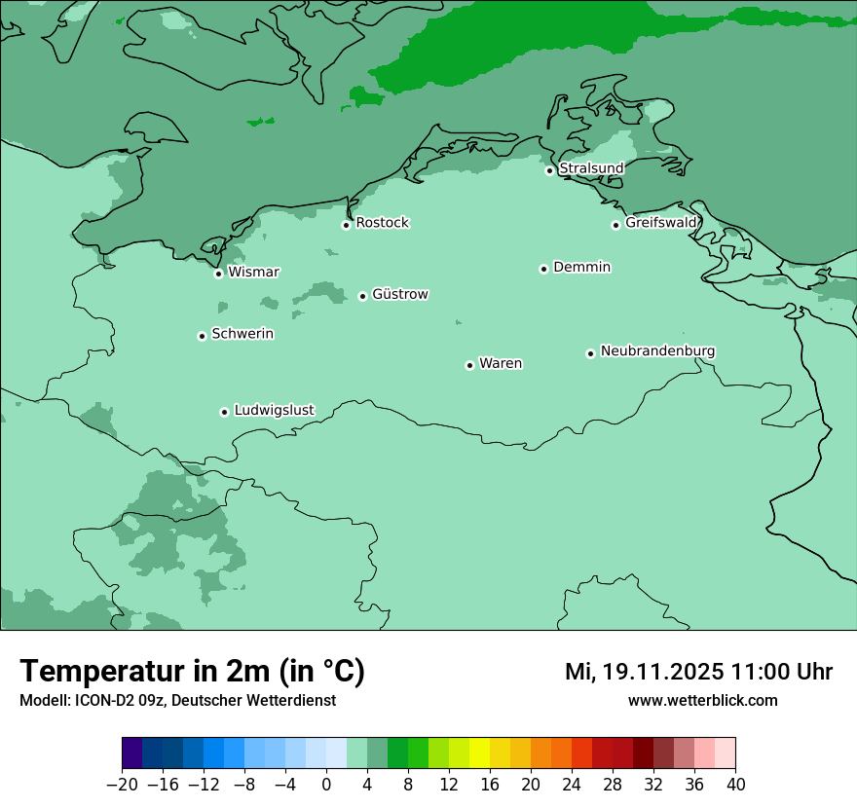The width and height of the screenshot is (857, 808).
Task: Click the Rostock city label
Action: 382,223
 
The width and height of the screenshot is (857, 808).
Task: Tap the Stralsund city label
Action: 591,168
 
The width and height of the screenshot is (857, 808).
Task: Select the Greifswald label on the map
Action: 661,223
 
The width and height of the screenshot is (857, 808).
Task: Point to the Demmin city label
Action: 581,267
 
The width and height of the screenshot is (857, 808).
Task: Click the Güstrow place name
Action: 399,294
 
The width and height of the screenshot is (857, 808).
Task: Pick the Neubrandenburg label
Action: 657,350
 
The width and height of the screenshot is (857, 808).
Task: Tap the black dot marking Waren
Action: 469,365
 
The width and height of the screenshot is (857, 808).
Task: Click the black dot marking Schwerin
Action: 202,336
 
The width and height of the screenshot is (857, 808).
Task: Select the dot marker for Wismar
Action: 218,274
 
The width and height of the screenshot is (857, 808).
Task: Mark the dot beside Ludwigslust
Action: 224,412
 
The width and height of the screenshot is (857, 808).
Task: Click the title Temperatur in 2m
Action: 192,672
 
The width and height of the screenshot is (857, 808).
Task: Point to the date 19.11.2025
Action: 661,672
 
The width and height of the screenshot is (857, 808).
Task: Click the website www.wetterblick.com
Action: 702,700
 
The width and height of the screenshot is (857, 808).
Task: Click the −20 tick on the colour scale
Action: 123,785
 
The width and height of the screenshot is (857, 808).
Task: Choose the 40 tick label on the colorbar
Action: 735,785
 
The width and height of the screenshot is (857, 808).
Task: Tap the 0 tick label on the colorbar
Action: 326,785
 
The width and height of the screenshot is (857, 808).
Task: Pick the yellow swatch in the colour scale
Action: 479,753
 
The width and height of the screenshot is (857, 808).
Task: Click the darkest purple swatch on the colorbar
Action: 132,753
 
